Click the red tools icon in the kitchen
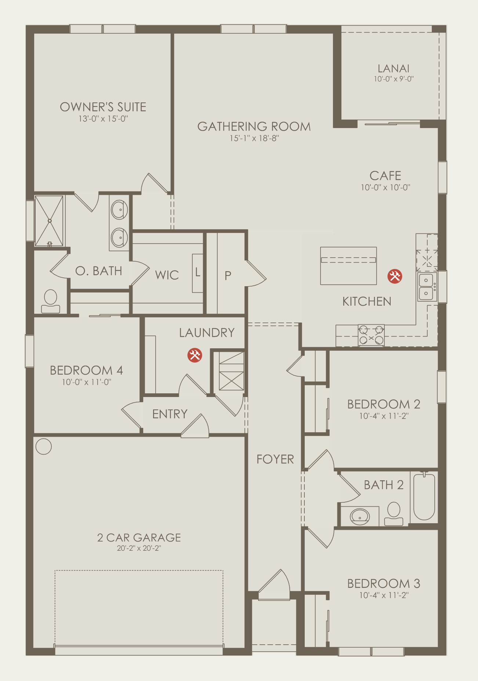[395, 276]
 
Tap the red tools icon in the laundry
[195, 355]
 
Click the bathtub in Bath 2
[424, 497]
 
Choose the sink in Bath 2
[360, 516]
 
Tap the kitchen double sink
[427, 287]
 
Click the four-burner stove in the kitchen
[371, 335]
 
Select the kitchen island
[348, 266]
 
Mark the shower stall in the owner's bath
[49, 221]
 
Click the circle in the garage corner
[44, 447]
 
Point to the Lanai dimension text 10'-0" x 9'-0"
[394, 79]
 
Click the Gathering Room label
[254, 127]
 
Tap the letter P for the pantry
[228, 276]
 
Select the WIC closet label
[167, 275]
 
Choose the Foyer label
[275, 459]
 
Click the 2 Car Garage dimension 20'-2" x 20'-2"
[139, 548]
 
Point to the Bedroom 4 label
[86, 370]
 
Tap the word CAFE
[385, 176]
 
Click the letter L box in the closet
[198, 273]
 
